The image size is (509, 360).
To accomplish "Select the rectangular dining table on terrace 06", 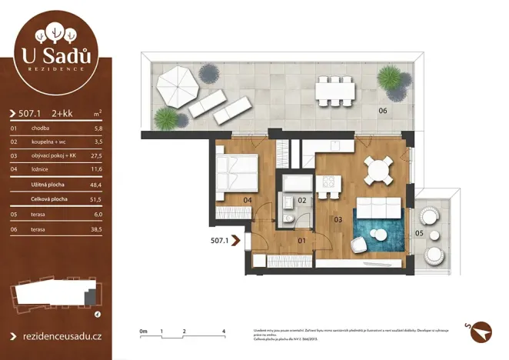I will [335, 90].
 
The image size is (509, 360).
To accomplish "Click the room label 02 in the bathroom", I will [302, 200].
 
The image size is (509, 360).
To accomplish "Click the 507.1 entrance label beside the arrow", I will [220, 241].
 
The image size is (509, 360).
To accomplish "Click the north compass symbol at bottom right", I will [481, 328].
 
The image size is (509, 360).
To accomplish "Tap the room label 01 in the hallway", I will [302, 241].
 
